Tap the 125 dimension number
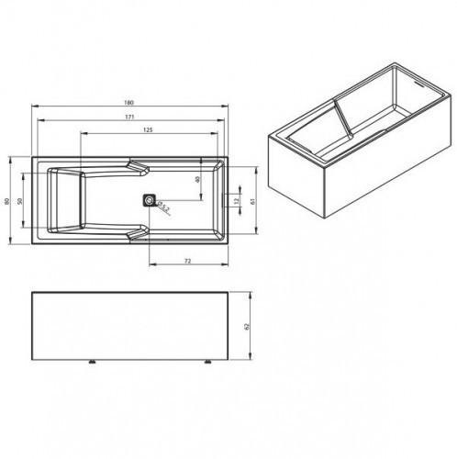coord(148,132)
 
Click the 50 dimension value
coord(23,200)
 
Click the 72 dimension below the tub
coord(186,263)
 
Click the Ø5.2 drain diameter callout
coord(163,207)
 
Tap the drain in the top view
coord(149,199)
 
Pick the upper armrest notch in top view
coord(140,168)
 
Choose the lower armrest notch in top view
coord(140,231)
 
